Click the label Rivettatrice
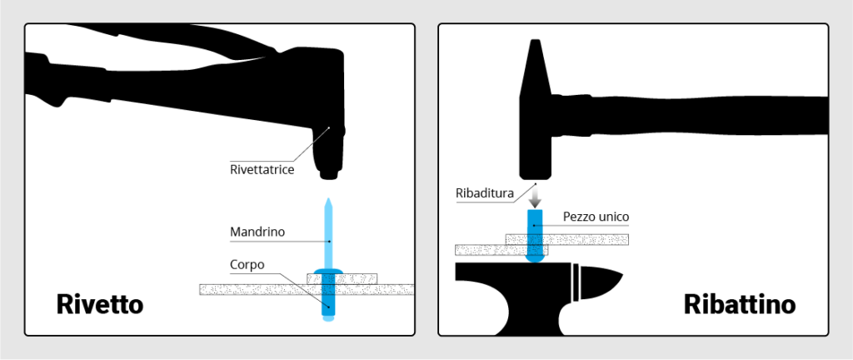(262, 170)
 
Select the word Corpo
(247, 265)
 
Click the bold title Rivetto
(100, 304)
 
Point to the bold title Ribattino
(740, 304)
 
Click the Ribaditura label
(485, 193)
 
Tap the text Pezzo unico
(596, 216)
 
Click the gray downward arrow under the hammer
(536, 196)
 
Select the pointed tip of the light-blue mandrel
(328, 199)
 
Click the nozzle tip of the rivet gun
(328, 175)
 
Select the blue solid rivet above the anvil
(536, 237)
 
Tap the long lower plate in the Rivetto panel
(307, 289)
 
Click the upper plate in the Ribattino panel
(566, 239)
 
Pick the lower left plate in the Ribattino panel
(501, 250)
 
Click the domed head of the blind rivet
(328, 271)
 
